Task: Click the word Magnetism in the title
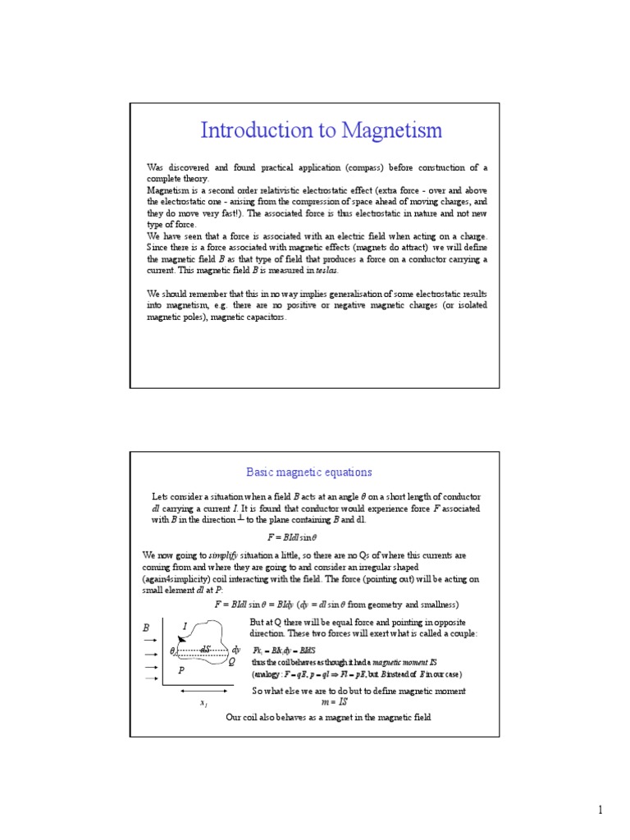point(391,130)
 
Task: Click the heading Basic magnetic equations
point(309,472)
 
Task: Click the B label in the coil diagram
point(147,628)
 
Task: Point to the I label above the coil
point(185,627)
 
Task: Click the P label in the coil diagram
point(181,670)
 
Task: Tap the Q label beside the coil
point(233,660)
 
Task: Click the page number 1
point(600,811)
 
